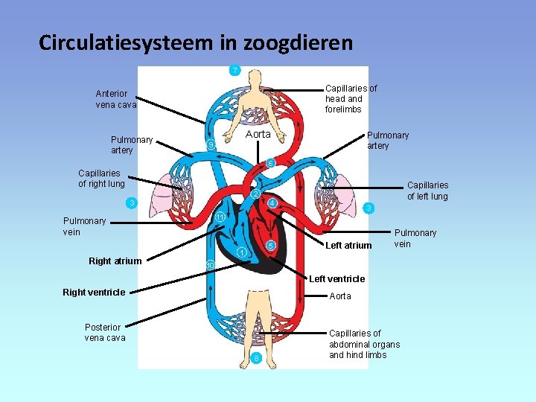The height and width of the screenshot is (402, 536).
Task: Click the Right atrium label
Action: click(x=115, y=261)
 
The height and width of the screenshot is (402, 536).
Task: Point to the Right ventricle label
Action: click(x=94, y=292)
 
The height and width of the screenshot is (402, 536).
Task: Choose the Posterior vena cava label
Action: click(x=105, y=332)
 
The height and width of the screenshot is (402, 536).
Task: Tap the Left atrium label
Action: click(x=348, y=246)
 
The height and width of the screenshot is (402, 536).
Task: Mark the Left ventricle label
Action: click(x=336, y=279)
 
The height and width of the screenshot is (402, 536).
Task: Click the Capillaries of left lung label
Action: click(x=427, y=191)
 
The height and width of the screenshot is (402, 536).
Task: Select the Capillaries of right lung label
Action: click(x=101, y=179)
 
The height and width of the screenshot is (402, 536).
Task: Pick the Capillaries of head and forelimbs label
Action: click(x=351, y=98)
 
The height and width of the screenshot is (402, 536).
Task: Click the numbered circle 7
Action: click(x=234, y=70)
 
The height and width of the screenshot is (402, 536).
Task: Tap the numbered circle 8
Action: click(x=256, y=359)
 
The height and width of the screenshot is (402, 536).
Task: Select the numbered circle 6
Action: click(x=271, y=163)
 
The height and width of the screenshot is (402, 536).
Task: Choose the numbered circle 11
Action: click(x=220, y=217)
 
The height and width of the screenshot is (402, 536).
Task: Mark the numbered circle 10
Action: click(x=210, y=266)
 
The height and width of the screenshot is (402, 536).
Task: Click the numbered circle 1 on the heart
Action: click(x=242, y=252)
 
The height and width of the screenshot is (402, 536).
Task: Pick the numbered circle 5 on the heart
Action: click(x=271, y=246)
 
